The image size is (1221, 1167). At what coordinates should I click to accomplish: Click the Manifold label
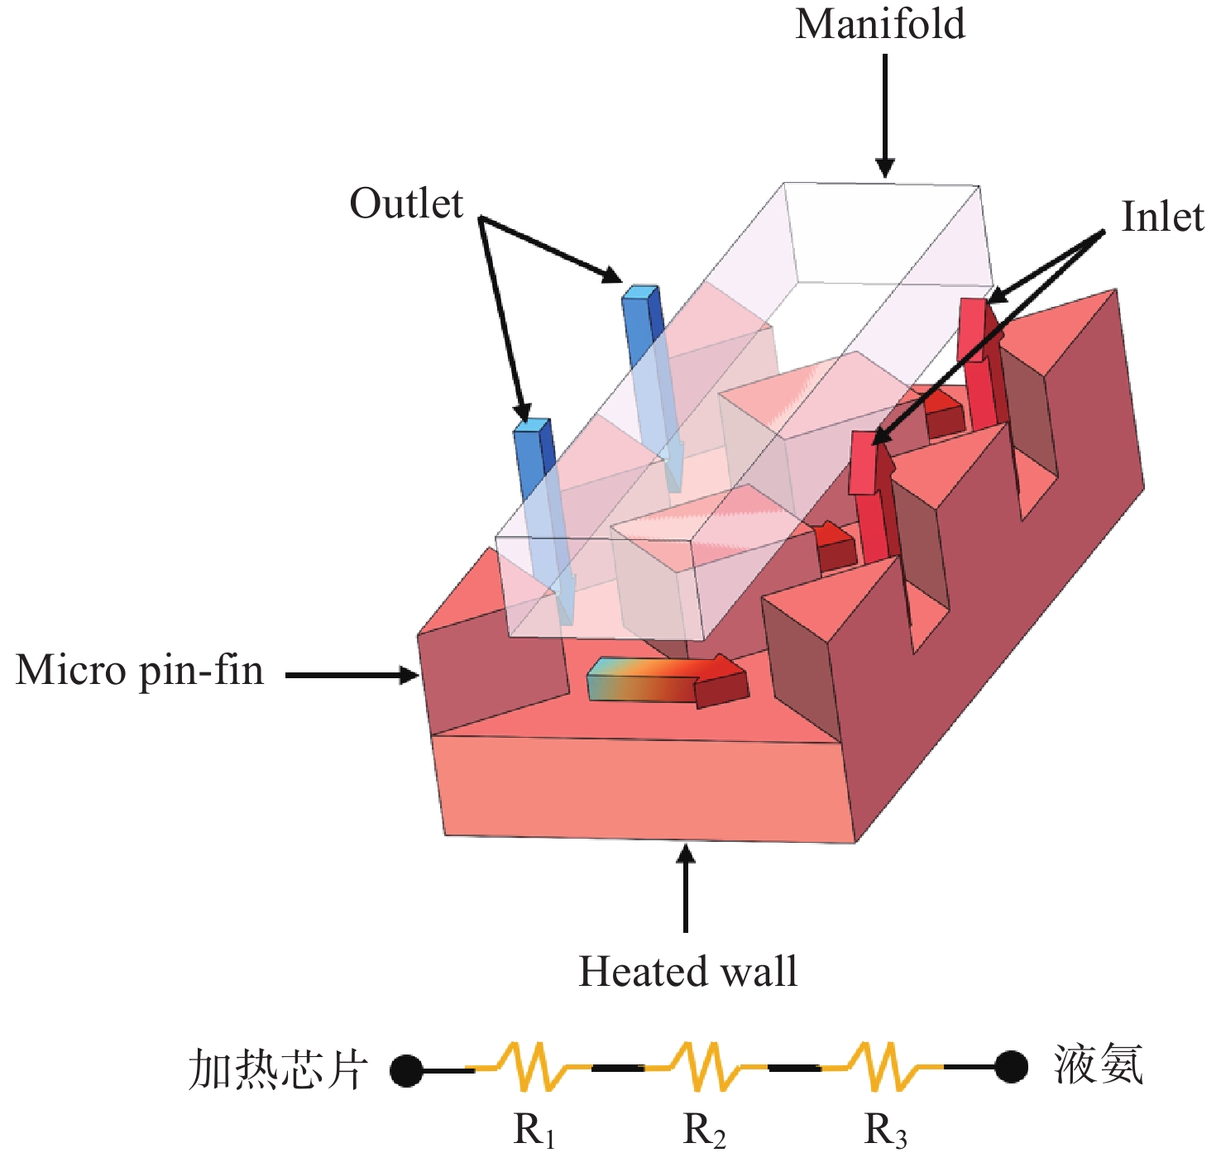click(x=880, y=24)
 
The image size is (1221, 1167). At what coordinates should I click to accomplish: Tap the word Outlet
click(x=406, y=203)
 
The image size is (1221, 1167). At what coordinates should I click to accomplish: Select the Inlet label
click(x=1161, y=218)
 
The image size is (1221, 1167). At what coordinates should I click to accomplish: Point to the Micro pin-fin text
click(x=140, y=671)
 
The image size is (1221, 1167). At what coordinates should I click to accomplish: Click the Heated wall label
click(x=687, y=972)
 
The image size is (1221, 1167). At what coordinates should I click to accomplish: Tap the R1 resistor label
click(x=534, y=1131)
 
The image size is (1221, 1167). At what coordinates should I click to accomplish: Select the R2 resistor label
click(x=705, y=1131)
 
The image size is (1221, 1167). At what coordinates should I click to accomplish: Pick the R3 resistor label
click(x=886, y=1131)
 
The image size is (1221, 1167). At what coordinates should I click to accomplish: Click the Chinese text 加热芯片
click(x=278, y=1069)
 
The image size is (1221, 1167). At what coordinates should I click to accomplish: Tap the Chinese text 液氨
click(x=1099, y=1064)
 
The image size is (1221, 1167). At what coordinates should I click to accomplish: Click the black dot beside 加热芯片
click(x=406, y=1070)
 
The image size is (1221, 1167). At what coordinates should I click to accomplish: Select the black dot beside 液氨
click(x=1011, y=1066)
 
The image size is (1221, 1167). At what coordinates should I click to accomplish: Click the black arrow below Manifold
click(x=885, y=116)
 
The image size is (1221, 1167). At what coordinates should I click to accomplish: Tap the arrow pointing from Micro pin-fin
click(x=352, y=676)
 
